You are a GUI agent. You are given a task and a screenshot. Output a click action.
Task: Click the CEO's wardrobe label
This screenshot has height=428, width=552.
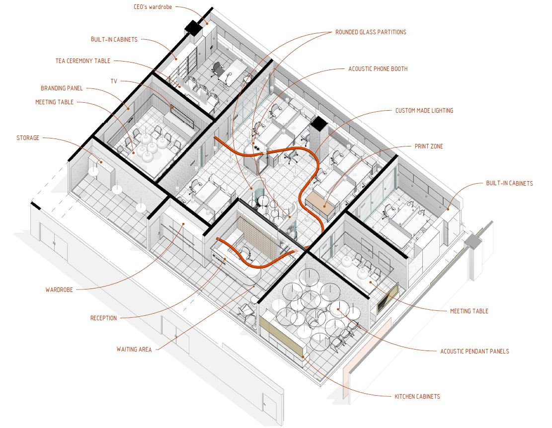(x=153, y=7)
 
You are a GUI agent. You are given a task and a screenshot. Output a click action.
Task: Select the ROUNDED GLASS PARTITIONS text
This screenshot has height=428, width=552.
(x=371, y=32)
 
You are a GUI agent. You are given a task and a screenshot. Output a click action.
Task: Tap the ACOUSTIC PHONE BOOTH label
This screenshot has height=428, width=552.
(x=378, y=69)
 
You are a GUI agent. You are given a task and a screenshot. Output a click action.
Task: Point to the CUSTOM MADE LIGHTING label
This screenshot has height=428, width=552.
(x=424, y=110)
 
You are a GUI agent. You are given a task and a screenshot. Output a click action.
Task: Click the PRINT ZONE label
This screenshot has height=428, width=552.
(x=429, y=146)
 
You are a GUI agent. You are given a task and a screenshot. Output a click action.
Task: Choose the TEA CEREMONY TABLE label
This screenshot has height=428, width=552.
(x=83, y=61)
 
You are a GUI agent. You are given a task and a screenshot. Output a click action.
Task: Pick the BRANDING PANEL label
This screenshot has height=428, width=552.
(x=62, y=88)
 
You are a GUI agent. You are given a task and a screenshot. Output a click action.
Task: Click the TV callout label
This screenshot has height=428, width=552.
(x=114, y=81)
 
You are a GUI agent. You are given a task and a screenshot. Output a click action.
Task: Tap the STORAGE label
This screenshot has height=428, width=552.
(x=28, y=138)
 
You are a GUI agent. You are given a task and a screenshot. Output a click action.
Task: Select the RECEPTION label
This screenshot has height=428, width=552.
(x=103, y=318)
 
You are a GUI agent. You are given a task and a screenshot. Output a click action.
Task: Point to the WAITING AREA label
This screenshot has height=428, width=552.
(x=134, y=349)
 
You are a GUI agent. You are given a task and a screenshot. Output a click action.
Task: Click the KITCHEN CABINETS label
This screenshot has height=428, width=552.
(x=417, y=396)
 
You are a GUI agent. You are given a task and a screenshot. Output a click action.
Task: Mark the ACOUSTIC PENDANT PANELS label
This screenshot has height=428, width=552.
(x=474, y=351)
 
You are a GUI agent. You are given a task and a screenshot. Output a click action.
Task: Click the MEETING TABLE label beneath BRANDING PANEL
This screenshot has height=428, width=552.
(x=54, y=102)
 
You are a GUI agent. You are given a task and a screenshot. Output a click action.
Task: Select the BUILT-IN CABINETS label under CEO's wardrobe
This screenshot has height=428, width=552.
(x=114, y=39)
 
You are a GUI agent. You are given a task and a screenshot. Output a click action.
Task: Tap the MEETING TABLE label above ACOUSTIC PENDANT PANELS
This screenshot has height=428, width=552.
(x=469, y=311)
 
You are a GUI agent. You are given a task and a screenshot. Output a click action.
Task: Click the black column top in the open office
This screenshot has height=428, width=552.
(x=319, y=124)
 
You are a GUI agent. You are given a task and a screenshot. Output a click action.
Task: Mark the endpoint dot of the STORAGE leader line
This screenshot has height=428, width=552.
(x=101, y=162)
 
